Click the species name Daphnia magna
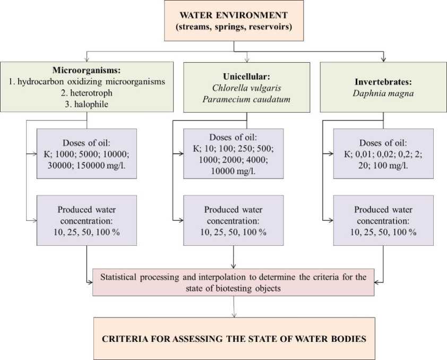pos(383,93)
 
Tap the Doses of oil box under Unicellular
pos(234,154)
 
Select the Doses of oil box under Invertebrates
pos(383,154)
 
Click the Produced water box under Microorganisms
pos(87,220)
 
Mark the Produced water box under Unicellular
pos(234,220)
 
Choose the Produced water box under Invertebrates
pos(383,220)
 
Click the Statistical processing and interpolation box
pos(234,281)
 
